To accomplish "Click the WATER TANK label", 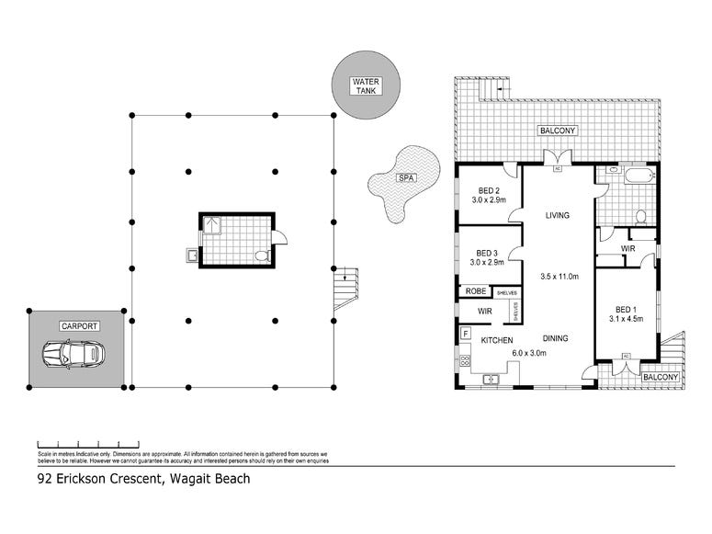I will [366, 87].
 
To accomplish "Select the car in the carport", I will [73, 354].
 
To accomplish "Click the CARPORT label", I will [79, 326].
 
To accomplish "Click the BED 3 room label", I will [487, 253].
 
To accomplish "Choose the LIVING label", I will [557, 216].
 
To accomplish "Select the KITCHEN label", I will [496, 340].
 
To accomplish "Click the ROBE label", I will [476, 291].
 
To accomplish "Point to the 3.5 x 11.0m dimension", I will [559, 275].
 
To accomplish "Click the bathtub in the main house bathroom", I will [638, 176].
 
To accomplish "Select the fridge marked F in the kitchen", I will [466, 332].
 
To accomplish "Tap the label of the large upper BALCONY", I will [558, 131].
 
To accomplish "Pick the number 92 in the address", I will [44, 478].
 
